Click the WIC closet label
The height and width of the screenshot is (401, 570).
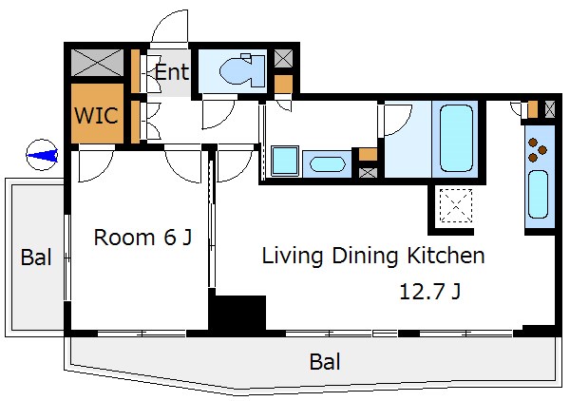(x=96, y=115)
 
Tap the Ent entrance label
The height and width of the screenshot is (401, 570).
(x=172, y=71)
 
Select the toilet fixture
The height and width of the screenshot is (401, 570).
(x=242, y=70)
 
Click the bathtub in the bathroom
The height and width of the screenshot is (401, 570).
(x=457, y=138)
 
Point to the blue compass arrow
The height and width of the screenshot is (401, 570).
(x=42, y=155)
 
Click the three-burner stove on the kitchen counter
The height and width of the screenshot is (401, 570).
(x=538, y=150)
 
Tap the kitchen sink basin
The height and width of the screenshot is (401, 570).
(x=538, y=195)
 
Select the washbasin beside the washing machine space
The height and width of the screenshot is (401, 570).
(x=327, y=164)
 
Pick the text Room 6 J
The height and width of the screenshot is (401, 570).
(x=142, y=238)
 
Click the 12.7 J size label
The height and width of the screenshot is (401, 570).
(x=430, y=291)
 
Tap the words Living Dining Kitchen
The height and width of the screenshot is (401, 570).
(x=373, y=256)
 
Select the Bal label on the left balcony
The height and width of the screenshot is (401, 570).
(x=36, y=257)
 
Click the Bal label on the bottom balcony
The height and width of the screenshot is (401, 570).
(x=325, y=362)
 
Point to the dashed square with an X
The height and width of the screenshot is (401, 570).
(x=456, y=205)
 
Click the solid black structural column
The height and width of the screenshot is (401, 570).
(x=237, y=313)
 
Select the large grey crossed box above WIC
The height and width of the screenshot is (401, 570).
(x=97, y=63)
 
